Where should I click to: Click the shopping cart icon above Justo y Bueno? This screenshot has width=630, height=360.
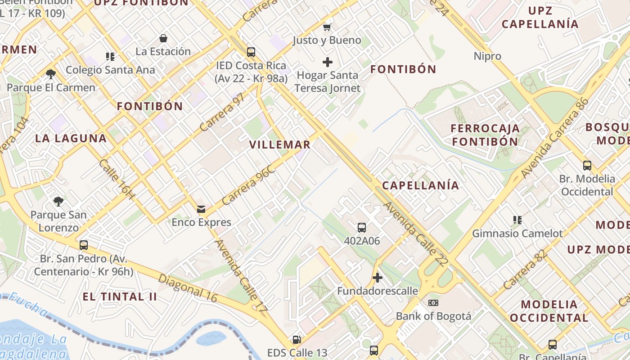tap(327, 27)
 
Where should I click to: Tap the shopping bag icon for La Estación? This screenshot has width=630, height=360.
tap(163, 38)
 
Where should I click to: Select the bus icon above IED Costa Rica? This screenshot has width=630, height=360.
tap(251, 52)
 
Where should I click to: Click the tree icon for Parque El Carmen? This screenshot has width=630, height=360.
tap(50, 74)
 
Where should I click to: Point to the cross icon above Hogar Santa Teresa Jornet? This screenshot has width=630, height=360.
tap(328, 62)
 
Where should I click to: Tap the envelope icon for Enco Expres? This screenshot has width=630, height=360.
tap(201, 209)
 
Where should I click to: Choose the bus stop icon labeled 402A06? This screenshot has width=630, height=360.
tap(362, 228)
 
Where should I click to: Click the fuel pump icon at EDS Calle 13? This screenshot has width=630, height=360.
tap(297, 340)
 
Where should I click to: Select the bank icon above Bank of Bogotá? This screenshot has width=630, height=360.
tap(433, 303)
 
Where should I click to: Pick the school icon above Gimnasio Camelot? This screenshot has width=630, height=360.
tap(517, 220)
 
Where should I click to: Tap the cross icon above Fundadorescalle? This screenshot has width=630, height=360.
tap(378, 278)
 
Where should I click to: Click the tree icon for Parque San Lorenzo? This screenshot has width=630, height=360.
tap(58, 201)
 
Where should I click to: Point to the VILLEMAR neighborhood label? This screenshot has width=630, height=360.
tap(280, 145)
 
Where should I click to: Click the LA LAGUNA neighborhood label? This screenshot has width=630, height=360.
tap(71, 139)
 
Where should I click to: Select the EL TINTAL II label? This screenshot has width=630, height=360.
tap(120, 297)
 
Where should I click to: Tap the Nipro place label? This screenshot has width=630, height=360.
tap(487, 56)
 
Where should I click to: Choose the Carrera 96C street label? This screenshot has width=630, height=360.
tap(248, 185)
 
